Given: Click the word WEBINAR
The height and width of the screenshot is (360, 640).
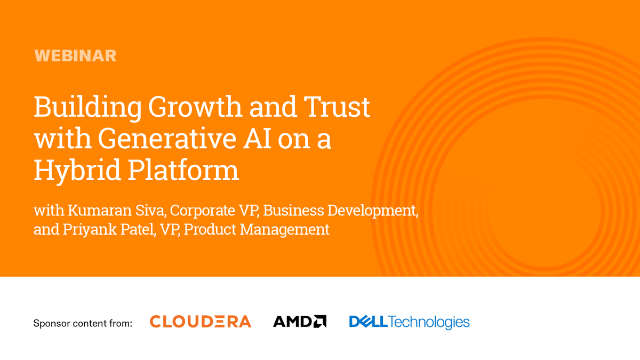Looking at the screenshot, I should pos(75,55).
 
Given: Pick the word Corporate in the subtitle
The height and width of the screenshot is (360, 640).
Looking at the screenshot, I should pos(202,210).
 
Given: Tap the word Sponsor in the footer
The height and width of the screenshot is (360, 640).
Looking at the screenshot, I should pos(51,323).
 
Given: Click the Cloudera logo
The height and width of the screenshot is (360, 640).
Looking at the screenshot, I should pos(200,322).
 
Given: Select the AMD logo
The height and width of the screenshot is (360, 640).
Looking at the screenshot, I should pos(299,322).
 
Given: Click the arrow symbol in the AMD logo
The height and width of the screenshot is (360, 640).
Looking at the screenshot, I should pos(320,322).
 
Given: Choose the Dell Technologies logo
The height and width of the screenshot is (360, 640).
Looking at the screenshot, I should pos(409,322).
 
